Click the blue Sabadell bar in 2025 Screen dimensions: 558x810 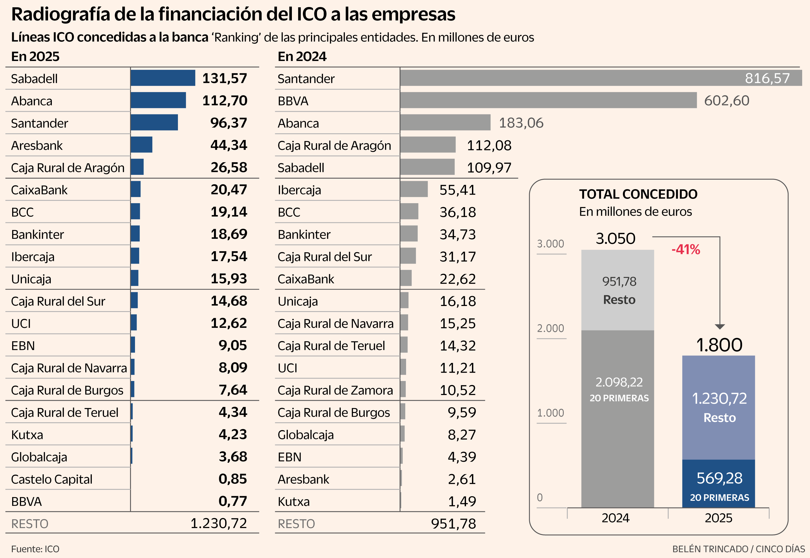pos(163,78)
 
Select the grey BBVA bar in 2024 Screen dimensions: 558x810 pos(548,100)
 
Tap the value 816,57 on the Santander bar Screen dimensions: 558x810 pos(767,78)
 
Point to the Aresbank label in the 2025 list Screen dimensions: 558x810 pos(37,145)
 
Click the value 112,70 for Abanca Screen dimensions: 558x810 pos(225,101)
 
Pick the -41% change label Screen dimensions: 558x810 pos(686,250)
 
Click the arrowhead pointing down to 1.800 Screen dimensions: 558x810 pos(720,326)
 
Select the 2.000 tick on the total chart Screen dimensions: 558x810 pos(551,328)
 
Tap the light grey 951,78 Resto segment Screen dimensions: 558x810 pos(618,290)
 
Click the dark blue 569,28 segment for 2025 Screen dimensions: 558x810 pos(719,484)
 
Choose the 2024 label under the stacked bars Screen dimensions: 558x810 pos(616,518)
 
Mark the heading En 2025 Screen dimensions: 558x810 pos(35,56)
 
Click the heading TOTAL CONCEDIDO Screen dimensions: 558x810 pos(638,194)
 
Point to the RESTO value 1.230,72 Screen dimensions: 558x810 pos(219,523)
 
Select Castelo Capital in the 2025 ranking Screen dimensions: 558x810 pos(52,479)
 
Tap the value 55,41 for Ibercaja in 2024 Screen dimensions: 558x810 pos(457,190)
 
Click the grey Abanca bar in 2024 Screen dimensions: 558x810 pos(445,123)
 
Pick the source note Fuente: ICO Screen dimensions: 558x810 pos(35,549)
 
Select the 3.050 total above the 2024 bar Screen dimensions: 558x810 pos(616,239)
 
